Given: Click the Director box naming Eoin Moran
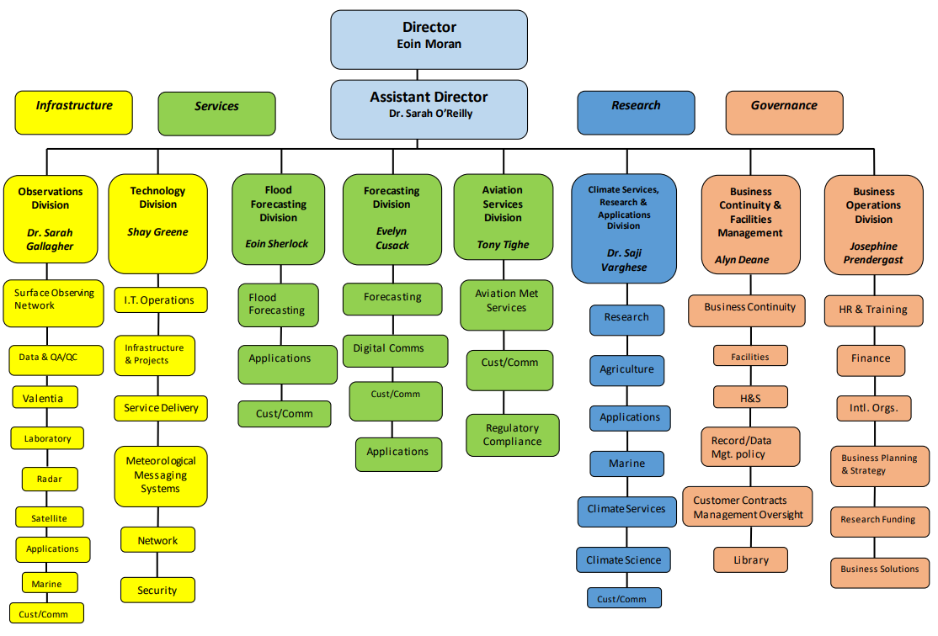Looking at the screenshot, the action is click(429, 40).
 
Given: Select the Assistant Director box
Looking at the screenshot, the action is click(429, 109).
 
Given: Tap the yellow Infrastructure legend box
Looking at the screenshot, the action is click(73, 113).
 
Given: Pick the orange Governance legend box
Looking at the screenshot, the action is click(784, 113).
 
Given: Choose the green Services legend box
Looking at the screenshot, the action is click(216, 114).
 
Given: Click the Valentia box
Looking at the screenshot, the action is click(45, 397).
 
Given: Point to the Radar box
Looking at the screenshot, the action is click(50, 479).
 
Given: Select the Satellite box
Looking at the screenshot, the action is click(49, 517).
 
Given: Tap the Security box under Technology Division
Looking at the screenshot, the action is click(157, 590).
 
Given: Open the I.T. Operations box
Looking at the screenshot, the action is click(161, 300).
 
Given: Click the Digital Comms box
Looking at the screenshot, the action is click(396, 351).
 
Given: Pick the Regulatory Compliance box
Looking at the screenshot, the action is click(513, 435).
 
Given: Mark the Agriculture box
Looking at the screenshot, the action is click(627, 370).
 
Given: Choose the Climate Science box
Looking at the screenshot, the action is click(623, 560).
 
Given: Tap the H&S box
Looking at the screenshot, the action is click(750, 397).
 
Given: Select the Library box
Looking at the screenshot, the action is click(750, 560).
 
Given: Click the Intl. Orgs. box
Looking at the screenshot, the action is click(874, 408).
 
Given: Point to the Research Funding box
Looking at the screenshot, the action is click(880, 522).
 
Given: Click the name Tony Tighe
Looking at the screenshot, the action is click(503, 245).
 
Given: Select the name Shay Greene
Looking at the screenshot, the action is click(157, 232).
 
